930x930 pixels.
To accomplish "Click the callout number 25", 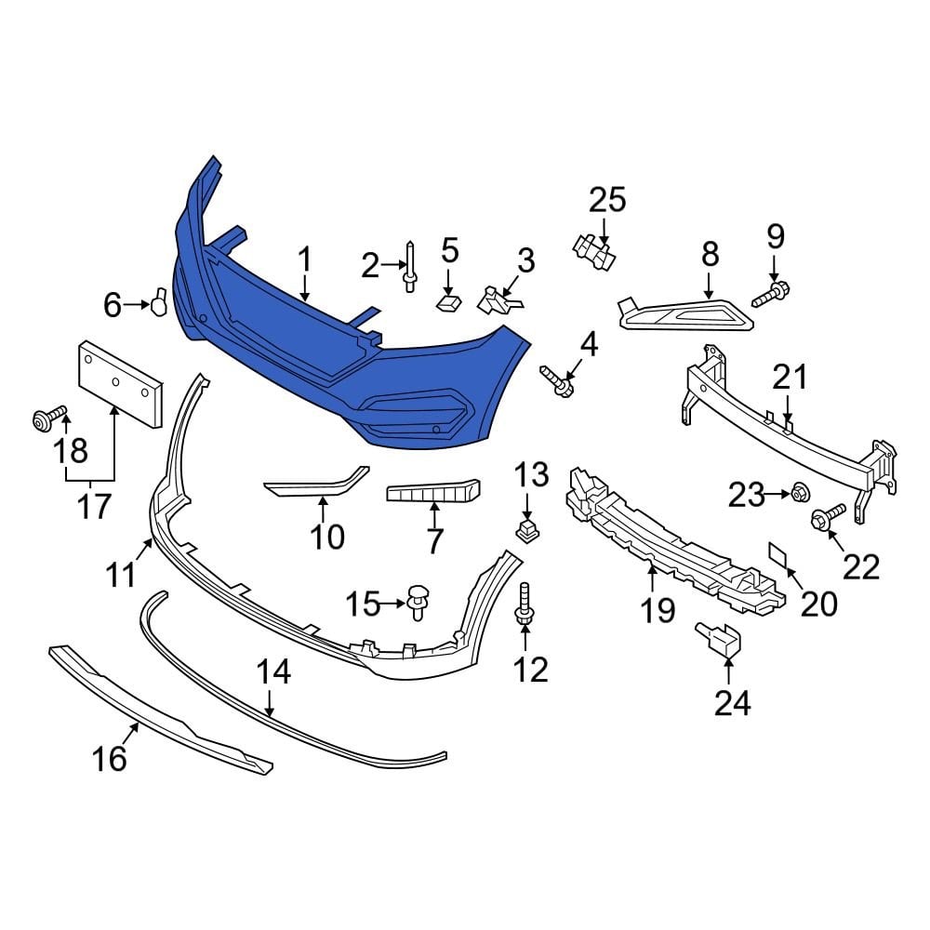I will (607, 199).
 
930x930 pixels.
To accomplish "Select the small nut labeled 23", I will (797, 492).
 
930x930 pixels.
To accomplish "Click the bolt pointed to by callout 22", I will (827, 517).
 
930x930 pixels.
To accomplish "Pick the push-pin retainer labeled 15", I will (418, 597).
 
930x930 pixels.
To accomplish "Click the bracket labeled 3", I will (496, 299).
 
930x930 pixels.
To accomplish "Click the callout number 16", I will (109, 758).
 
